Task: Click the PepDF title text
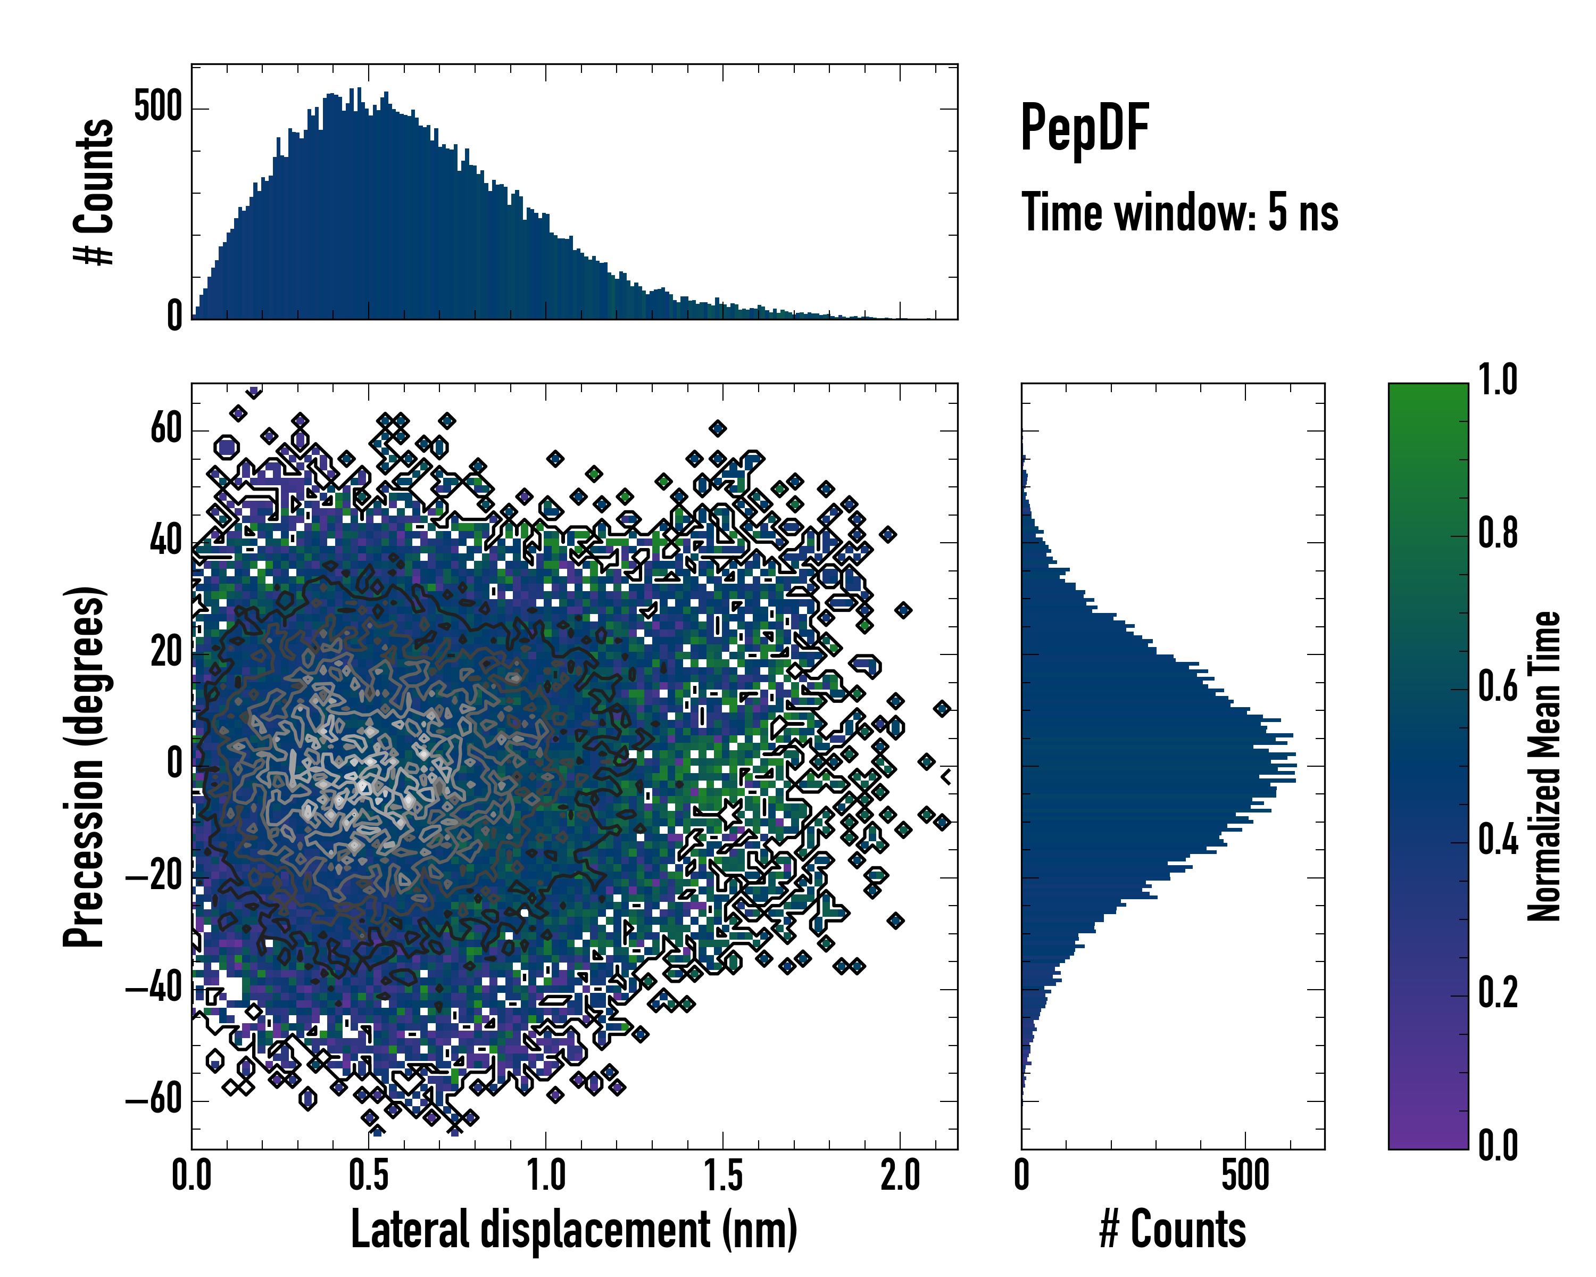pyautogui.click(x=1084, y=127)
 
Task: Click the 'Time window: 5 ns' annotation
pyautogui.click(x=1179, y=212)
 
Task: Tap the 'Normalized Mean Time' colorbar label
pyautogui.click(x=1544, y=766)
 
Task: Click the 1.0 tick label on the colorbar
pyautogui.click(x=1498, y=380)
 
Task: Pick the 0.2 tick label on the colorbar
pyautogui.click(x=1498, y=993)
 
